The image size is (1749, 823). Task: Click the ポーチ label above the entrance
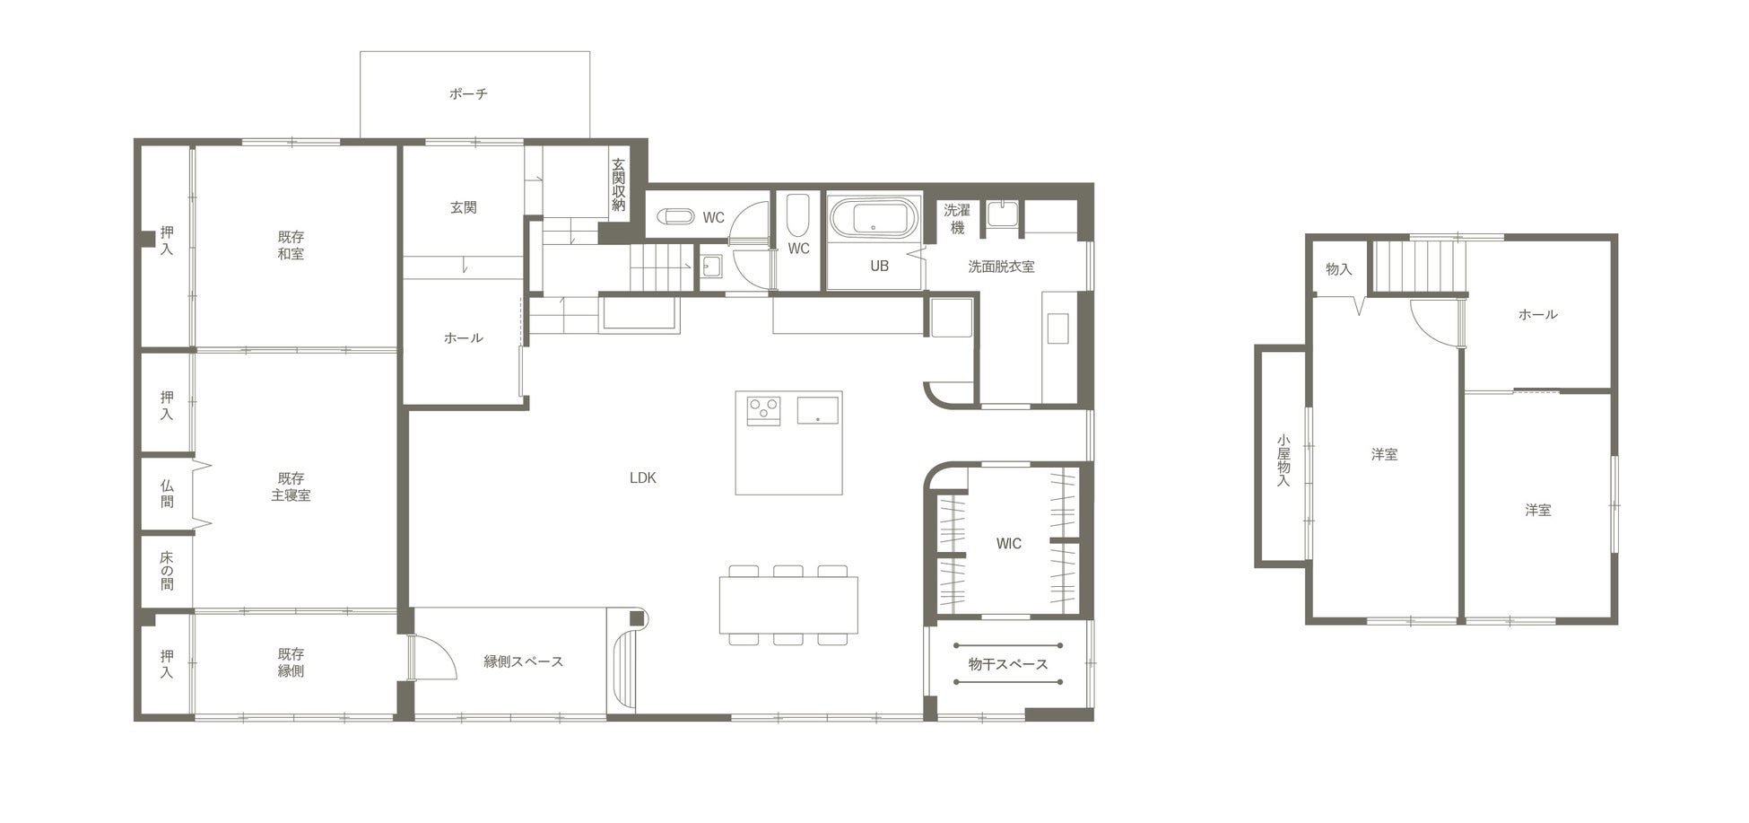(x=468, y=93)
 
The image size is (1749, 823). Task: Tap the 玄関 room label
(x=463, y=207)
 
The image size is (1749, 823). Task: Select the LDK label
(x=642, y=477)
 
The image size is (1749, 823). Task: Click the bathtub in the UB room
(x=874, y=218)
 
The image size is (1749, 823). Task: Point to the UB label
(x=879, y=266)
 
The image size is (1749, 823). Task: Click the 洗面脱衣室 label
(x=1001, y=266)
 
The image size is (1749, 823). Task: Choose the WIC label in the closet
(x=1008, y=543)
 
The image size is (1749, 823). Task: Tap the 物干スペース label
(x=1008, y=664)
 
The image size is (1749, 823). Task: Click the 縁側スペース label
(x=524, y=661)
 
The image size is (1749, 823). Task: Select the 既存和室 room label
(x=291, y=245)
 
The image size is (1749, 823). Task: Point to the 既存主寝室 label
(x=291, y=486)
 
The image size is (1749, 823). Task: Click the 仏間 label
(x=167, y=493)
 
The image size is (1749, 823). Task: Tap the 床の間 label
(x=167, y=570)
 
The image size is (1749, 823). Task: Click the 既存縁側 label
(x=291, y=661)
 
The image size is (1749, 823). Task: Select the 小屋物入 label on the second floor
(x=1283, y=460)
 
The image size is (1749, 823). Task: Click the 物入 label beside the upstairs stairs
(x=1338, y=268)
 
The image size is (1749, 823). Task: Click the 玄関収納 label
(x=618, y=185)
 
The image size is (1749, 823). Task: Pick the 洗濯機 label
(x=957, y=219)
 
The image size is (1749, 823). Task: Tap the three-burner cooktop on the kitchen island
(x=763, y=409)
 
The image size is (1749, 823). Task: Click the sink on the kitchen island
(x=817, y=409)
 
